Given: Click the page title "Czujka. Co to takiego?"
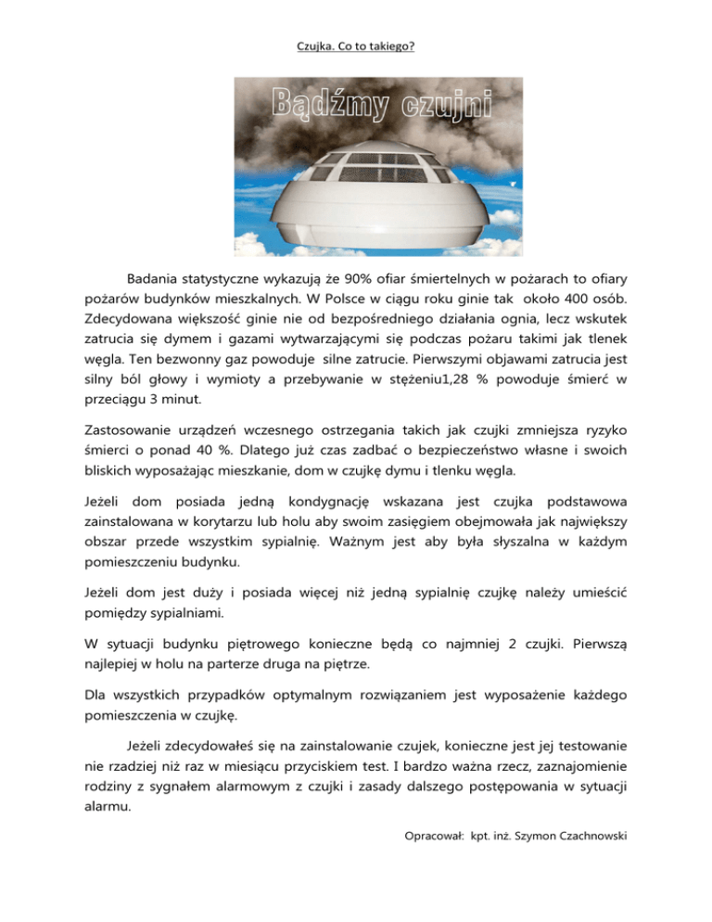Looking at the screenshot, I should (355, 43).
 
